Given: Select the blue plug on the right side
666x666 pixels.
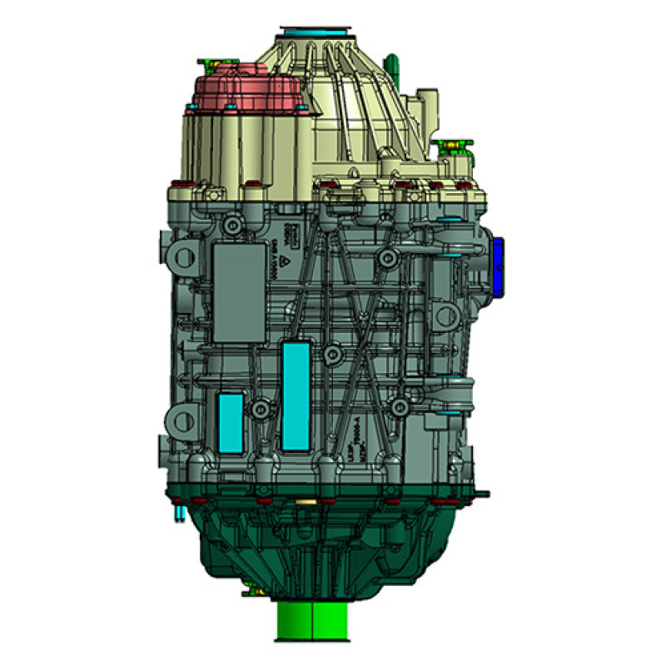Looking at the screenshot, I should (x=498, y=266).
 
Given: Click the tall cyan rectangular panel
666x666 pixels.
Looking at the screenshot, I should (x=296, y=395).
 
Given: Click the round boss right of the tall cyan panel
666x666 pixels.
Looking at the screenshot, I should (x=332, y=355).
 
